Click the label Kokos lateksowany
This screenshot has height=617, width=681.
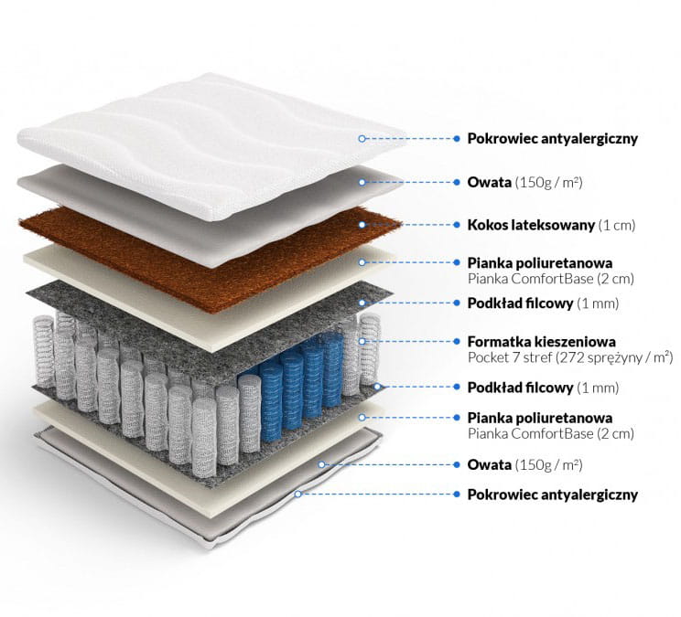point(531,225)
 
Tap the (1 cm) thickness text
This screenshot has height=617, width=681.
point(617,226)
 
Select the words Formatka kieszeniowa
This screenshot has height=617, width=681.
point(542,342)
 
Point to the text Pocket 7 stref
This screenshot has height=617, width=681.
point(503,357)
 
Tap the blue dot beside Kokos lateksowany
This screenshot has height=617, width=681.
point(457,225)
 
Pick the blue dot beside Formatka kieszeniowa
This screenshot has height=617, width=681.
point(457,342)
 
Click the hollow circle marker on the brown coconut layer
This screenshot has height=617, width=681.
point(362,225)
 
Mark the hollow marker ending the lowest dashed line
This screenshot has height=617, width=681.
point(298,494)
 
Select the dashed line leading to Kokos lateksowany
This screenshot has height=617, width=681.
point(409,225)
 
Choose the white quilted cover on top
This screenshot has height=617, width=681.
point(212,147)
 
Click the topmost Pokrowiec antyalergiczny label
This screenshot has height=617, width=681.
point(553,139)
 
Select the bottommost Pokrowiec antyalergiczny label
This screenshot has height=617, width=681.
point(553,495)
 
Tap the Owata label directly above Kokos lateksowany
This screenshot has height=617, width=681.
point(489,182)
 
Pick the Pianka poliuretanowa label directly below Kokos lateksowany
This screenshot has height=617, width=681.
point(540,262)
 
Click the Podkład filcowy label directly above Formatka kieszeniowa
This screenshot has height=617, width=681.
point(520,303)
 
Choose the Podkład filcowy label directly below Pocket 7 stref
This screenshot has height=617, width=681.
point(520,388)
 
